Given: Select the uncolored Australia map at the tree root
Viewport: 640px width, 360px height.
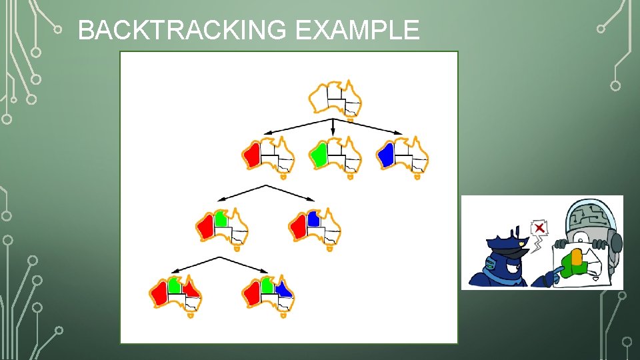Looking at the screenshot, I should click(x=335, y=99).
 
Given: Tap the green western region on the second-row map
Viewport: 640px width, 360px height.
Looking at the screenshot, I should click(x=319, y=155).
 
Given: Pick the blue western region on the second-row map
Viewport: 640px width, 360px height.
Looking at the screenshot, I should click(x=385, y=155).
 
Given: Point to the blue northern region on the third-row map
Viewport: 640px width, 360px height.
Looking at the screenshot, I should click(x=313, y=218).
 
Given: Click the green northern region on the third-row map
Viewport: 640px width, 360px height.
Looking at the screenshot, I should click(x=221, y=218).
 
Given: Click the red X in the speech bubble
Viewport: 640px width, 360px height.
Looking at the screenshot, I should click(x=539, y=229).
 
